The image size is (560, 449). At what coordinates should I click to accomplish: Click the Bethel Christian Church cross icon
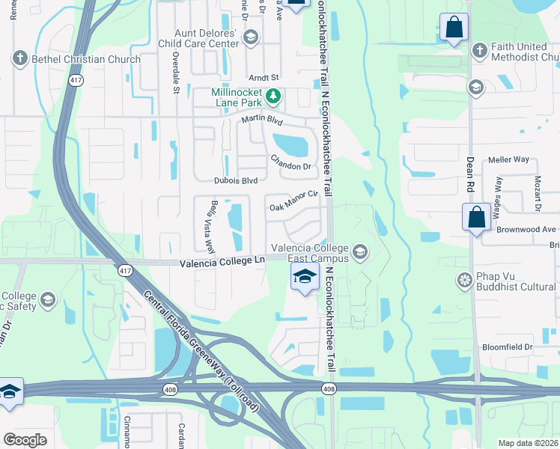tap(19, 59)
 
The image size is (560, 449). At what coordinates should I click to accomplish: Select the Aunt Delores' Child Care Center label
tap(206, 39)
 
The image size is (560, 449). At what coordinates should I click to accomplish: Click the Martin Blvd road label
tap(261, 120)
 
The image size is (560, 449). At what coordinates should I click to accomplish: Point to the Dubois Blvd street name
tap(236, 180)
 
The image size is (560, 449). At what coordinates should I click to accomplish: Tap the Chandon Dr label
tap(290, 162)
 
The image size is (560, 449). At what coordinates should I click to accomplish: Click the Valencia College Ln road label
tap(223, 261)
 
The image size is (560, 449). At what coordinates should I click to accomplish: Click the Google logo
tap(25, 439)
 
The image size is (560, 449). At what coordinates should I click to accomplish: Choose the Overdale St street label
tap(175, 72)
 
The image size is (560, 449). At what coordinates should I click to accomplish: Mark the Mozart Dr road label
tap(537, 193)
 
